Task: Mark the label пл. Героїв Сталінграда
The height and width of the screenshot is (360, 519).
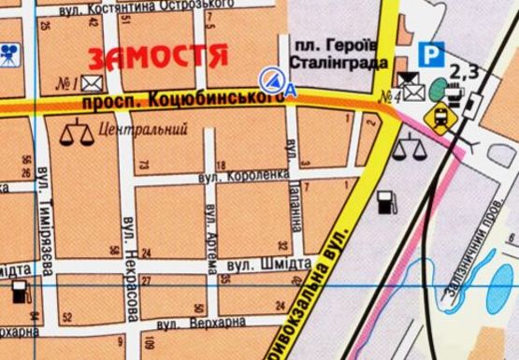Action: coord(334,54)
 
